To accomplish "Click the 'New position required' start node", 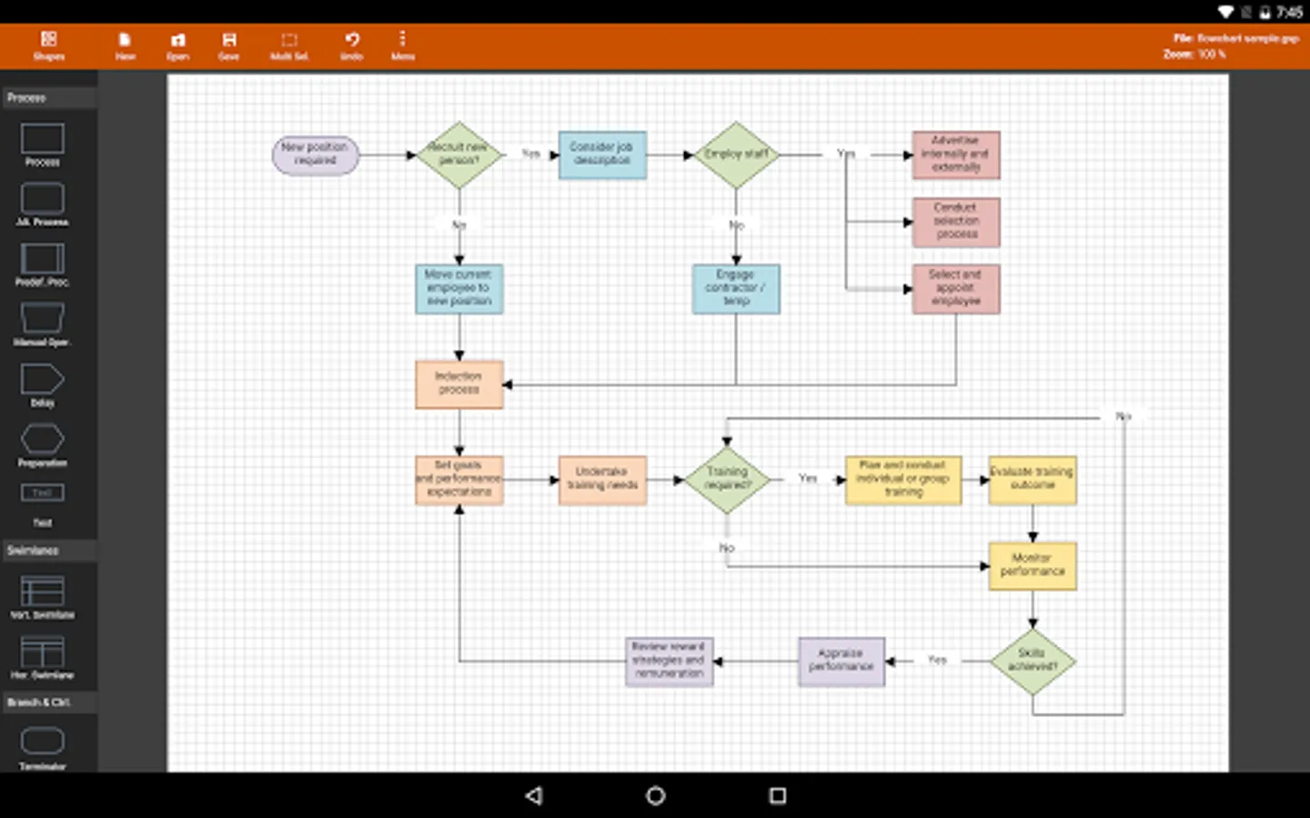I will click(316, 155).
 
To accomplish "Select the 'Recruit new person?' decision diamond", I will click(459, 155).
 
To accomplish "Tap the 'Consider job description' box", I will click(602, 155).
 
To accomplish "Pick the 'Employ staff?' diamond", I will click(736, 155).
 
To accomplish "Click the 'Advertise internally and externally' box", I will click(956, 155).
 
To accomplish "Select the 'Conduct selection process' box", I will click(956, 222).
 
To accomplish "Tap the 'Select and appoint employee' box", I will click(956, 288).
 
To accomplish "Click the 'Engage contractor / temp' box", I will click(736, 288).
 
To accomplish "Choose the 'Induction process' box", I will click(459, 384).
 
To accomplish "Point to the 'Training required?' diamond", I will click(727, 479).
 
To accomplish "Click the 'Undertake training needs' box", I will click(602, 479).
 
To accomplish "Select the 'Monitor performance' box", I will click(1033, 565).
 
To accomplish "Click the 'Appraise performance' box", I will click(841, 661).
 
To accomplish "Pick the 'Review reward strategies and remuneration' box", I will click(670, 661).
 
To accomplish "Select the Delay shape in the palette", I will click(42, 381).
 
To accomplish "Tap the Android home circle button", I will click(655, 796).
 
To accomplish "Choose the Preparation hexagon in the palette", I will click(42, 441).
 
